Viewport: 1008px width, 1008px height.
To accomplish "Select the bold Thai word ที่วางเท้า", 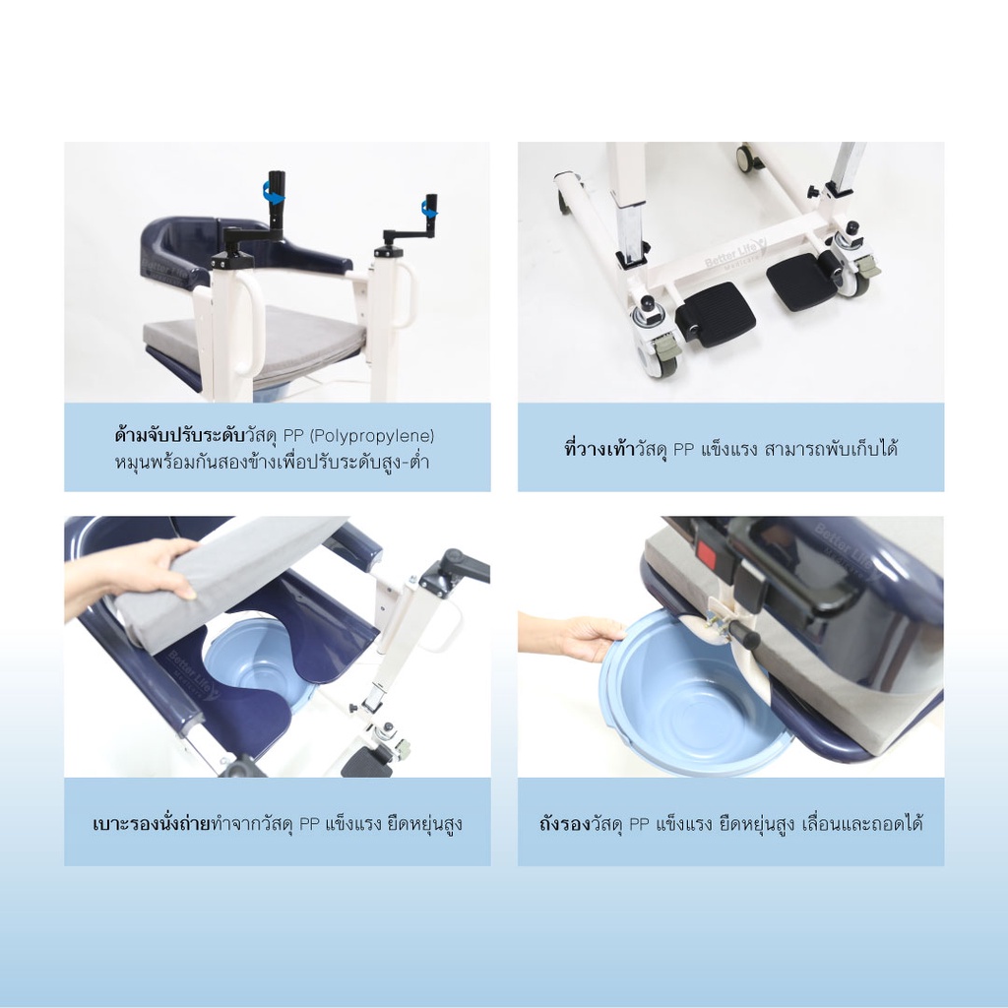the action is (x=599, y=448).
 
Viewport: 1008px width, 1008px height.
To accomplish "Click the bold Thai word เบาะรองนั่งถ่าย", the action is (x=152, y=824).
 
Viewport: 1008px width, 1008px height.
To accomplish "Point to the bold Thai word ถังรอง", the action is (x=564, y=824).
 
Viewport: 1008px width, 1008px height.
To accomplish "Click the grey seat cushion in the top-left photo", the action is (x=257, y=344).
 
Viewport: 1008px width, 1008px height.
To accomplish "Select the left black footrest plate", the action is (x=716, y=315).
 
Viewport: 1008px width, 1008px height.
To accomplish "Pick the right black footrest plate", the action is (x=803, y=281).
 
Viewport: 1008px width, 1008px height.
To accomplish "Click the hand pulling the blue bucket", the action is (x=572, y=637).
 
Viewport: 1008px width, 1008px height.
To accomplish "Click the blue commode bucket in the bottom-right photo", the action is (x=694, y=694).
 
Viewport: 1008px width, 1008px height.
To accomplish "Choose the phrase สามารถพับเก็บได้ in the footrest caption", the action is (x=831, y=448).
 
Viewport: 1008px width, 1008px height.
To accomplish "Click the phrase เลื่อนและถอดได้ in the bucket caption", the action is (x=862, y=824).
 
